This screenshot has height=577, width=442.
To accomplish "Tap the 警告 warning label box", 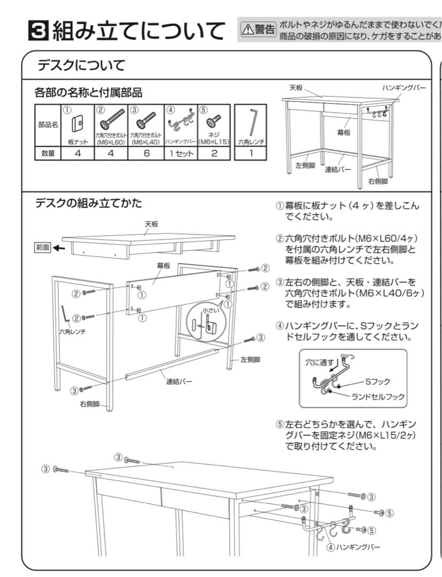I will (259, 29).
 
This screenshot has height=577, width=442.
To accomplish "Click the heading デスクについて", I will (81, 66).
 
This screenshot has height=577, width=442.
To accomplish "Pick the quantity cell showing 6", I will (146, 153).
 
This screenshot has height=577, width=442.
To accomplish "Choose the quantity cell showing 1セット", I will (180, 153).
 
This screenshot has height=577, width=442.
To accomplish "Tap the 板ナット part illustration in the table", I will (77, 123).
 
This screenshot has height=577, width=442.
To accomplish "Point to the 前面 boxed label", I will (42, 248).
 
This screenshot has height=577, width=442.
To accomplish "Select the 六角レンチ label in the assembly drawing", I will (72, 332).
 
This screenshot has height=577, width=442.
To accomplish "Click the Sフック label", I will (377, 381).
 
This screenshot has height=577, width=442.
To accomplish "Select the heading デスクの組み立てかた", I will (88, 203).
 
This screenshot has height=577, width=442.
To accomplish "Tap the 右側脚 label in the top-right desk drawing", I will (378, 182).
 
